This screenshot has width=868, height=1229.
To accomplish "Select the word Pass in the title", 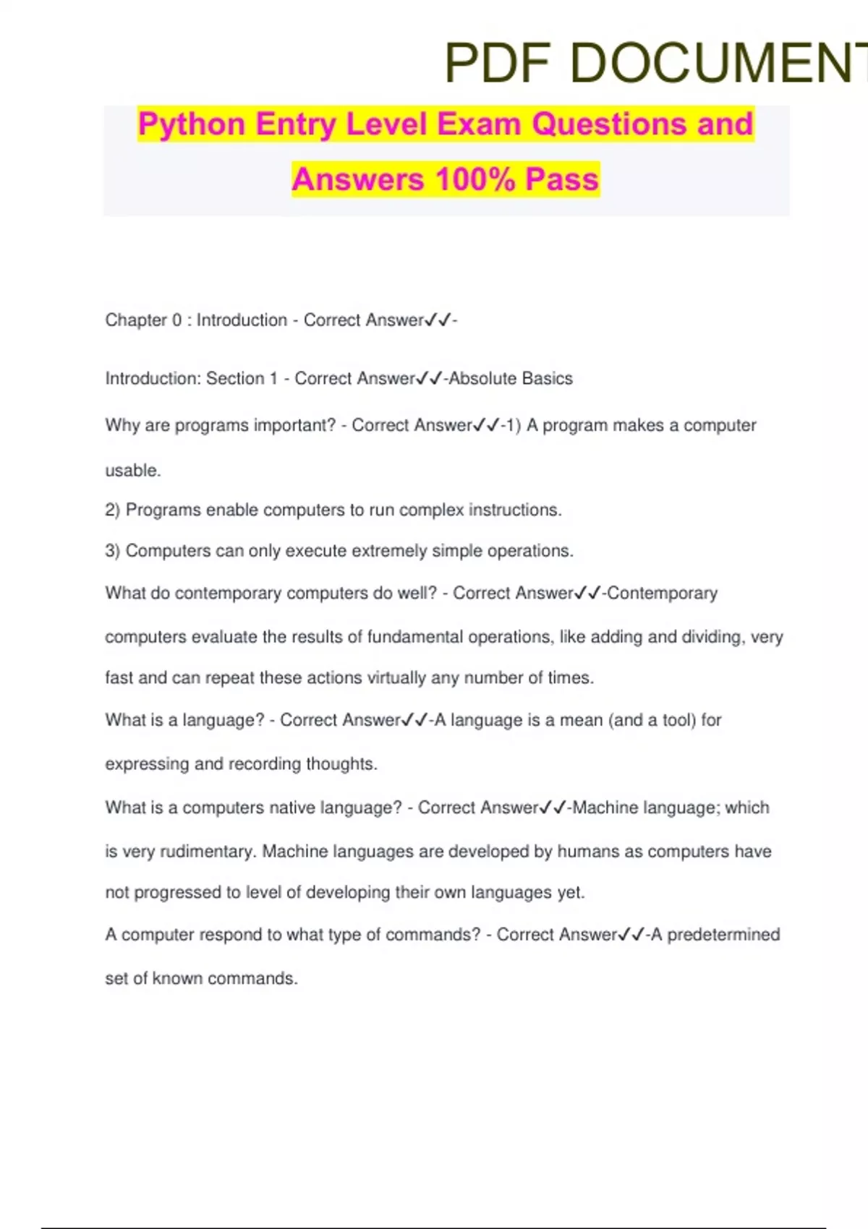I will click(562, 179).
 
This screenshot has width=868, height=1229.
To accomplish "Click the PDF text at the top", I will click(497, 63).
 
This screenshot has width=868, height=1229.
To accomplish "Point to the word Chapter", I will click(136, 320).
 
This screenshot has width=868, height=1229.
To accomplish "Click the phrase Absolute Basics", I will click(511, 379).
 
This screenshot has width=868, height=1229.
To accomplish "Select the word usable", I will click(133, 471).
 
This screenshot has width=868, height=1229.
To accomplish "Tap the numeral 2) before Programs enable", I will click(112, 510).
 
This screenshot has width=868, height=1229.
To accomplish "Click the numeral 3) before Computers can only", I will click(112, 551).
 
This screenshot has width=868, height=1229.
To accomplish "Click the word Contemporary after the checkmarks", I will click(662, 594).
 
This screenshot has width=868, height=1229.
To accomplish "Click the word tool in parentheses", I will click(678, 720).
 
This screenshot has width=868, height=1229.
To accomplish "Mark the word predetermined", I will click(723, 935).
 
